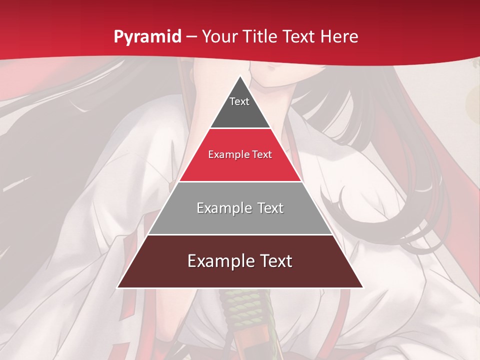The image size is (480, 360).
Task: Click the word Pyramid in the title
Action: (x=147, y=37)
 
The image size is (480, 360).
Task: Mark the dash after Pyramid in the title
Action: (x=191, y=37)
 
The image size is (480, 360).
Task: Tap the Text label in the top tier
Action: (x=239, y=101)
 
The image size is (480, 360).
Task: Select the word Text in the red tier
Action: (x=262, y=155)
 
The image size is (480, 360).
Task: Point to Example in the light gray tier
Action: (x=223, y=208)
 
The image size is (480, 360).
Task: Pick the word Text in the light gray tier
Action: (x=270, y=208)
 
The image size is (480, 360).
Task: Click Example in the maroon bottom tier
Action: (x=220, y=261)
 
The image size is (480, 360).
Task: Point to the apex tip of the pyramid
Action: (x=240, y=77)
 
